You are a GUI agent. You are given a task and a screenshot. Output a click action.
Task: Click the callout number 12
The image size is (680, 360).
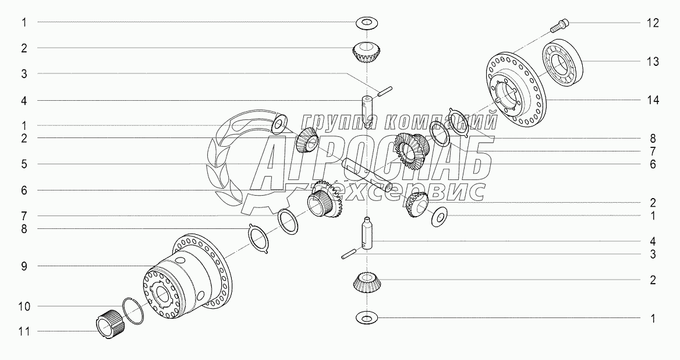click(652, 23)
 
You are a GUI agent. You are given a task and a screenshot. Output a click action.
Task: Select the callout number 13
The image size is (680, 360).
click(652, 62)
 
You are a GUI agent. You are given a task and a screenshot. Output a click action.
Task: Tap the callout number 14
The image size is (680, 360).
click(652, 100)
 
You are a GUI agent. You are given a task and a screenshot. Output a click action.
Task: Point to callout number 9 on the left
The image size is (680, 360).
click(24, 266)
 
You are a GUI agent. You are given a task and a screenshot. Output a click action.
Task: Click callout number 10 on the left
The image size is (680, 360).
click(24, 306)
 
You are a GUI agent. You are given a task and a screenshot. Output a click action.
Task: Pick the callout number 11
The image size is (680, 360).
click(24, 332)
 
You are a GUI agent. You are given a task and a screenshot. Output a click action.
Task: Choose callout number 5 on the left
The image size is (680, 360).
click(24, 164)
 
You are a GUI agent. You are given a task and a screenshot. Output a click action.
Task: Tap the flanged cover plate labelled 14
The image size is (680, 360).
click(515, 89)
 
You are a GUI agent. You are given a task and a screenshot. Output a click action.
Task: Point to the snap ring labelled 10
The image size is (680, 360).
click(133, 310)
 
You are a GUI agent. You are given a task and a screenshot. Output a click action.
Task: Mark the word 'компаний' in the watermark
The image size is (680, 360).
click(440, 123)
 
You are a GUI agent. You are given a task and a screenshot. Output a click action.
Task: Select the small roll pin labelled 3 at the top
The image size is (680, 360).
click(384, 91)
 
